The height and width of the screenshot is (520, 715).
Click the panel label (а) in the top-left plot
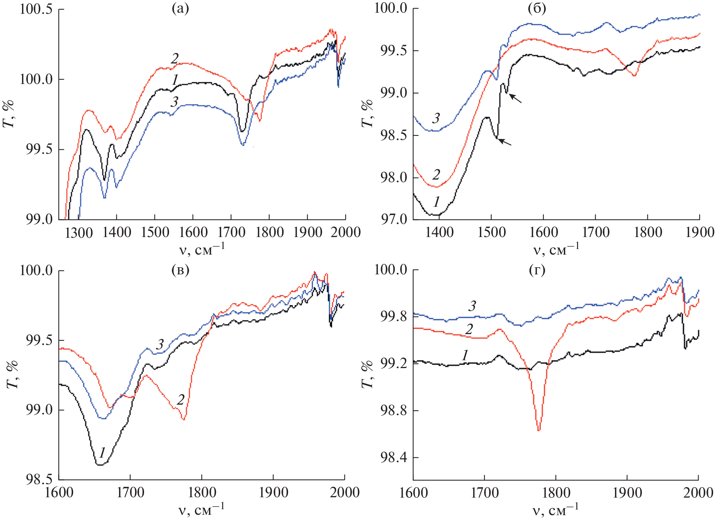(180, 8)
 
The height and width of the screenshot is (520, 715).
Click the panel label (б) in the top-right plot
(537, 8)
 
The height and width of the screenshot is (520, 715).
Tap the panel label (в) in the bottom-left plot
(180, 270)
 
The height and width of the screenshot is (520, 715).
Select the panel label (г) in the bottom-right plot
(537, 270)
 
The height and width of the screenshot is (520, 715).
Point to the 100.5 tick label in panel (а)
(36, 9)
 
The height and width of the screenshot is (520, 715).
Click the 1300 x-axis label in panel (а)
(79, 233)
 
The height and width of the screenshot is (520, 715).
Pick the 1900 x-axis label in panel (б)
(699, 233)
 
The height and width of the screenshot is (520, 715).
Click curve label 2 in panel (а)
(175, 58)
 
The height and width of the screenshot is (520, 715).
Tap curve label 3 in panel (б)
(436, 118)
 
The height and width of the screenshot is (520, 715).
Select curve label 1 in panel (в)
(102, 452)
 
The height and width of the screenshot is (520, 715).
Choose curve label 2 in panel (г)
(469, 328)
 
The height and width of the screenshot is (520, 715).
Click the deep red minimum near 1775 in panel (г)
(538, 430)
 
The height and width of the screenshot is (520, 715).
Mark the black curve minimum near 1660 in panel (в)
(99, 465)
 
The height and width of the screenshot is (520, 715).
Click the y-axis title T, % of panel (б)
(367, 113)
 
